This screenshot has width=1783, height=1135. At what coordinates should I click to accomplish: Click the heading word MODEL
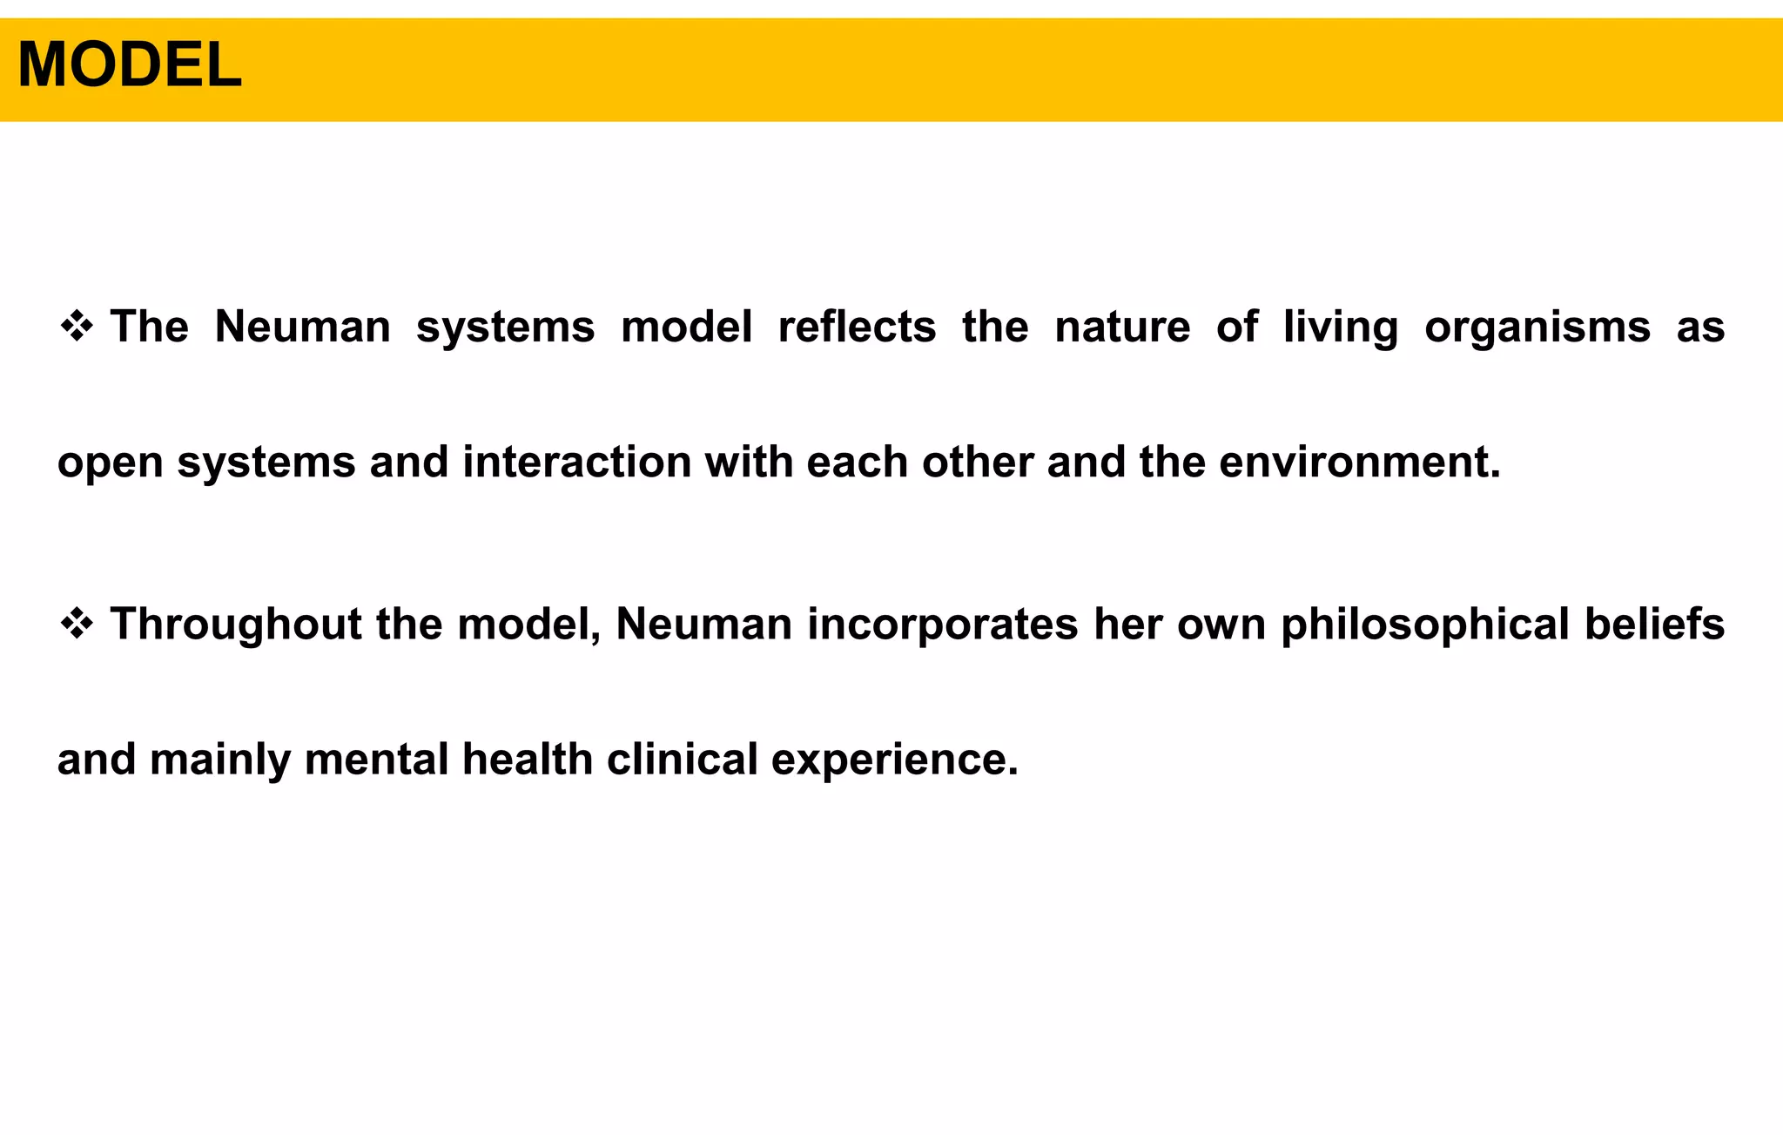(130, 65)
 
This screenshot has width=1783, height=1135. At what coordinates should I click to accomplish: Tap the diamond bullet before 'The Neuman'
(77, 328)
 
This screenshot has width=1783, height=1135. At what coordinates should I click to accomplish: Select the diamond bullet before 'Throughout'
(77, 625)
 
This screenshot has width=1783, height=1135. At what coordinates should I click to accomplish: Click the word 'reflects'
(857, 328)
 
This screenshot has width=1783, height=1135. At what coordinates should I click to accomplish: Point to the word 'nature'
(1122, 328)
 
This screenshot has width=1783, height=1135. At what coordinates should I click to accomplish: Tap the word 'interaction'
(576, 462)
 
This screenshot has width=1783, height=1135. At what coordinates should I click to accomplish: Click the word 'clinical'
(683, 759)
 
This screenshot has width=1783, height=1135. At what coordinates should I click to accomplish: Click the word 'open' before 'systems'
(111, 463)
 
